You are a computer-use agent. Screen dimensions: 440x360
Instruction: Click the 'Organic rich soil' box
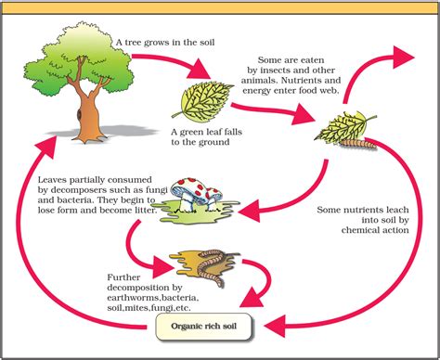click(x=203, y=327)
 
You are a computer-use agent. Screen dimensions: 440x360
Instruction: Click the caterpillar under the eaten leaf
click(x=358, y=144)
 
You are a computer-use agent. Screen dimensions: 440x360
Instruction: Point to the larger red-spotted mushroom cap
click(x=187, y=187)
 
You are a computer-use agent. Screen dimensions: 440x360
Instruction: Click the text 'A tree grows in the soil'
click(x=165, y=42)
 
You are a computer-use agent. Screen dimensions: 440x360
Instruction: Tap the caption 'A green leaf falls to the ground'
click(x=206, y=137)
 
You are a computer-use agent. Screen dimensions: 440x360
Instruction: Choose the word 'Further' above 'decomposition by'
click(x=123, y=277)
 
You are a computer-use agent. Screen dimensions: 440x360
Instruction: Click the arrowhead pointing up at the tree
click(x=47, y=146)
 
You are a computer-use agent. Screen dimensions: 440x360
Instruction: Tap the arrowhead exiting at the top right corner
click(x=403, y=58)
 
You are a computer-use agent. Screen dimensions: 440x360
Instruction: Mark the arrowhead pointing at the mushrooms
click(x=250, y=211)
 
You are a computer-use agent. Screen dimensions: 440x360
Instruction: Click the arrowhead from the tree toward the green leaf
click(x=201, y=70)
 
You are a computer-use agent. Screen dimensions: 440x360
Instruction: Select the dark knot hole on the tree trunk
click(x=79, y=114)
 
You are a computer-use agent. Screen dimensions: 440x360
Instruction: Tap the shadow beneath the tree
click(x=102, y=132)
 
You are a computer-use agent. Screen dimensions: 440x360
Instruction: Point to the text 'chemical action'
click(x=375, y=230)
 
